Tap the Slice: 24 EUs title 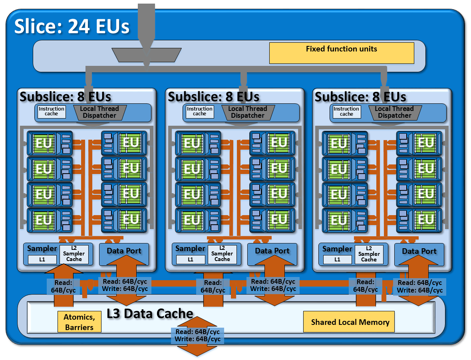tap(72, 27)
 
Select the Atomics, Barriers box tap(79, 322)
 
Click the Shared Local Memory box tap(350, 322)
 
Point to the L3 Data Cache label tap(150, 314)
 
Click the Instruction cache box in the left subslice tap(51, 111)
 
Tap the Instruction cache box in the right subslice tap(346, 111)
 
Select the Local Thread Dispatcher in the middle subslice tap(247, 112)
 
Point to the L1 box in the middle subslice tap(190, 259)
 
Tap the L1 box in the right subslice tap(337, 259)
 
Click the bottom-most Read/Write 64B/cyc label tap(197, 336)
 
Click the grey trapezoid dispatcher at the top tap(146, 55)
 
